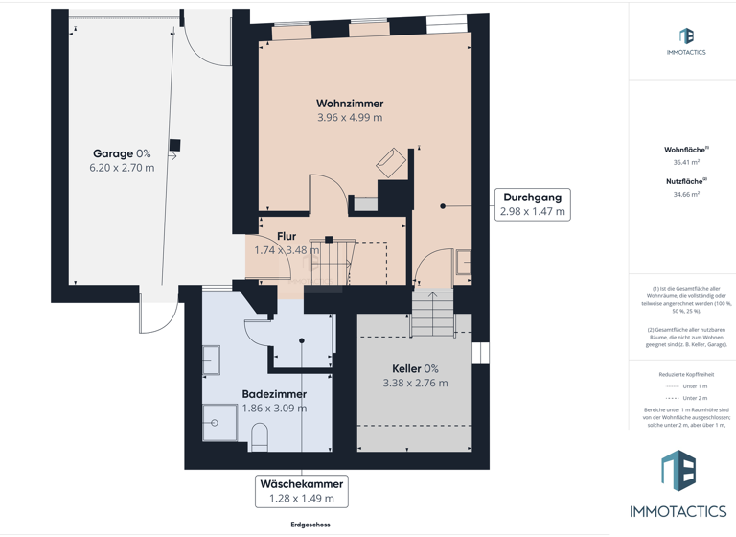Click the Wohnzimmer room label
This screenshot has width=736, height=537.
(x=350, y=104)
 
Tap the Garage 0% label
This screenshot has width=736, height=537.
(x=122, y=153)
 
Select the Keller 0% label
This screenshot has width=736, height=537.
(x=415, y=369)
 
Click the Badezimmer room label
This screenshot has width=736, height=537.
(x=274, y=394)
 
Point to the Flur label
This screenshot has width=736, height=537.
(x=287, y=236)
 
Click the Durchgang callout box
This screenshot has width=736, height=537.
(x=533, y=204)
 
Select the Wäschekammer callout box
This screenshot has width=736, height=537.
(x=302, y=491)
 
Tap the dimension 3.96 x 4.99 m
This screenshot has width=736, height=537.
(x=350, y=118)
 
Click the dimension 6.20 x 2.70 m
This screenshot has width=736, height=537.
(x=122, y=168)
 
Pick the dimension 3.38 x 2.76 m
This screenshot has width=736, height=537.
(x=415, y=384)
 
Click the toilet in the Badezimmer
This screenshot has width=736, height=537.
(x=259, y=437)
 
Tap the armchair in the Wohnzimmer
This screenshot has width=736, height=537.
(x=391, y=161)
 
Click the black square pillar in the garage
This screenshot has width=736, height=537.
(x=174, y=146)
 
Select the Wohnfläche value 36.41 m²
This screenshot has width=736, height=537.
(x=686, y=163)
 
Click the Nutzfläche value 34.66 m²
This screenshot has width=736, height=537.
(x=686, y=195)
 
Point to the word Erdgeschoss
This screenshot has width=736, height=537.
(x=310, y=525)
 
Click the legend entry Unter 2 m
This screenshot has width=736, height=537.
(x=695, y=398)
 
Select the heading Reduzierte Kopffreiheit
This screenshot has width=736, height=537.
(x=686, y=374)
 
